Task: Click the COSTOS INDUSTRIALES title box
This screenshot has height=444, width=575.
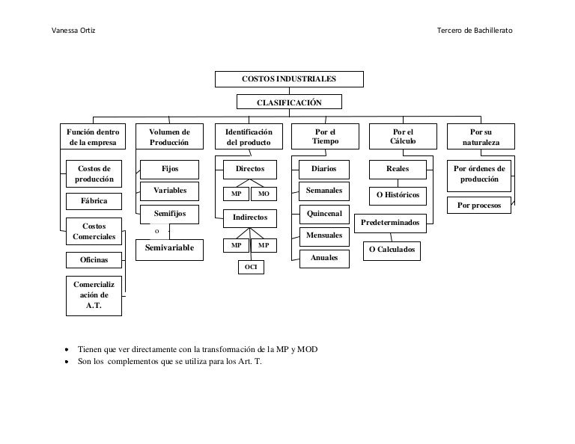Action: click(289, 79)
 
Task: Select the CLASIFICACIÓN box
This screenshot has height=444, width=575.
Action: click(289, 102)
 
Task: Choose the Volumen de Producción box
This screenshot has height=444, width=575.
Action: click(170, 136)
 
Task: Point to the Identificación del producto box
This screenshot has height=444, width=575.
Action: click(249, 136)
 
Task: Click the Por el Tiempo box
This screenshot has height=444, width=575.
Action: click(326, 136)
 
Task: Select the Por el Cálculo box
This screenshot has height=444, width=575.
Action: click(403, 136)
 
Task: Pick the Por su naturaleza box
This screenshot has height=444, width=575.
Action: click(480, 136)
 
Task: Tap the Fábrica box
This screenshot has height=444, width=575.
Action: click(94, 202)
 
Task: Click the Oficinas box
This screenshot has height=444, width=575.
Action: click(94, 260)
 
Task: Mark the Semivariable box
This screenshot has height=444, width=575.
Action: click(169, 247)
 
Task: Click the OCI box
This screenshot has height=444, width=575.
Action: click(251, 266)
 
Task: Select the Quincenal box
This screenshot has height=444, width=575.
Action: click(324, 214)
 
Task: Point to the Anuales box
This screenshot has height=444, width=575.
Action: click(324, 258)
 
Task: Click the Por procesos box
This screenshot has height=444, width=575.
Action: click(479, 206)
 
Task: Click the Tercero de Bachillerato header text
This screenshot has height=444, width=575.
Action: click(475, 30)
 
